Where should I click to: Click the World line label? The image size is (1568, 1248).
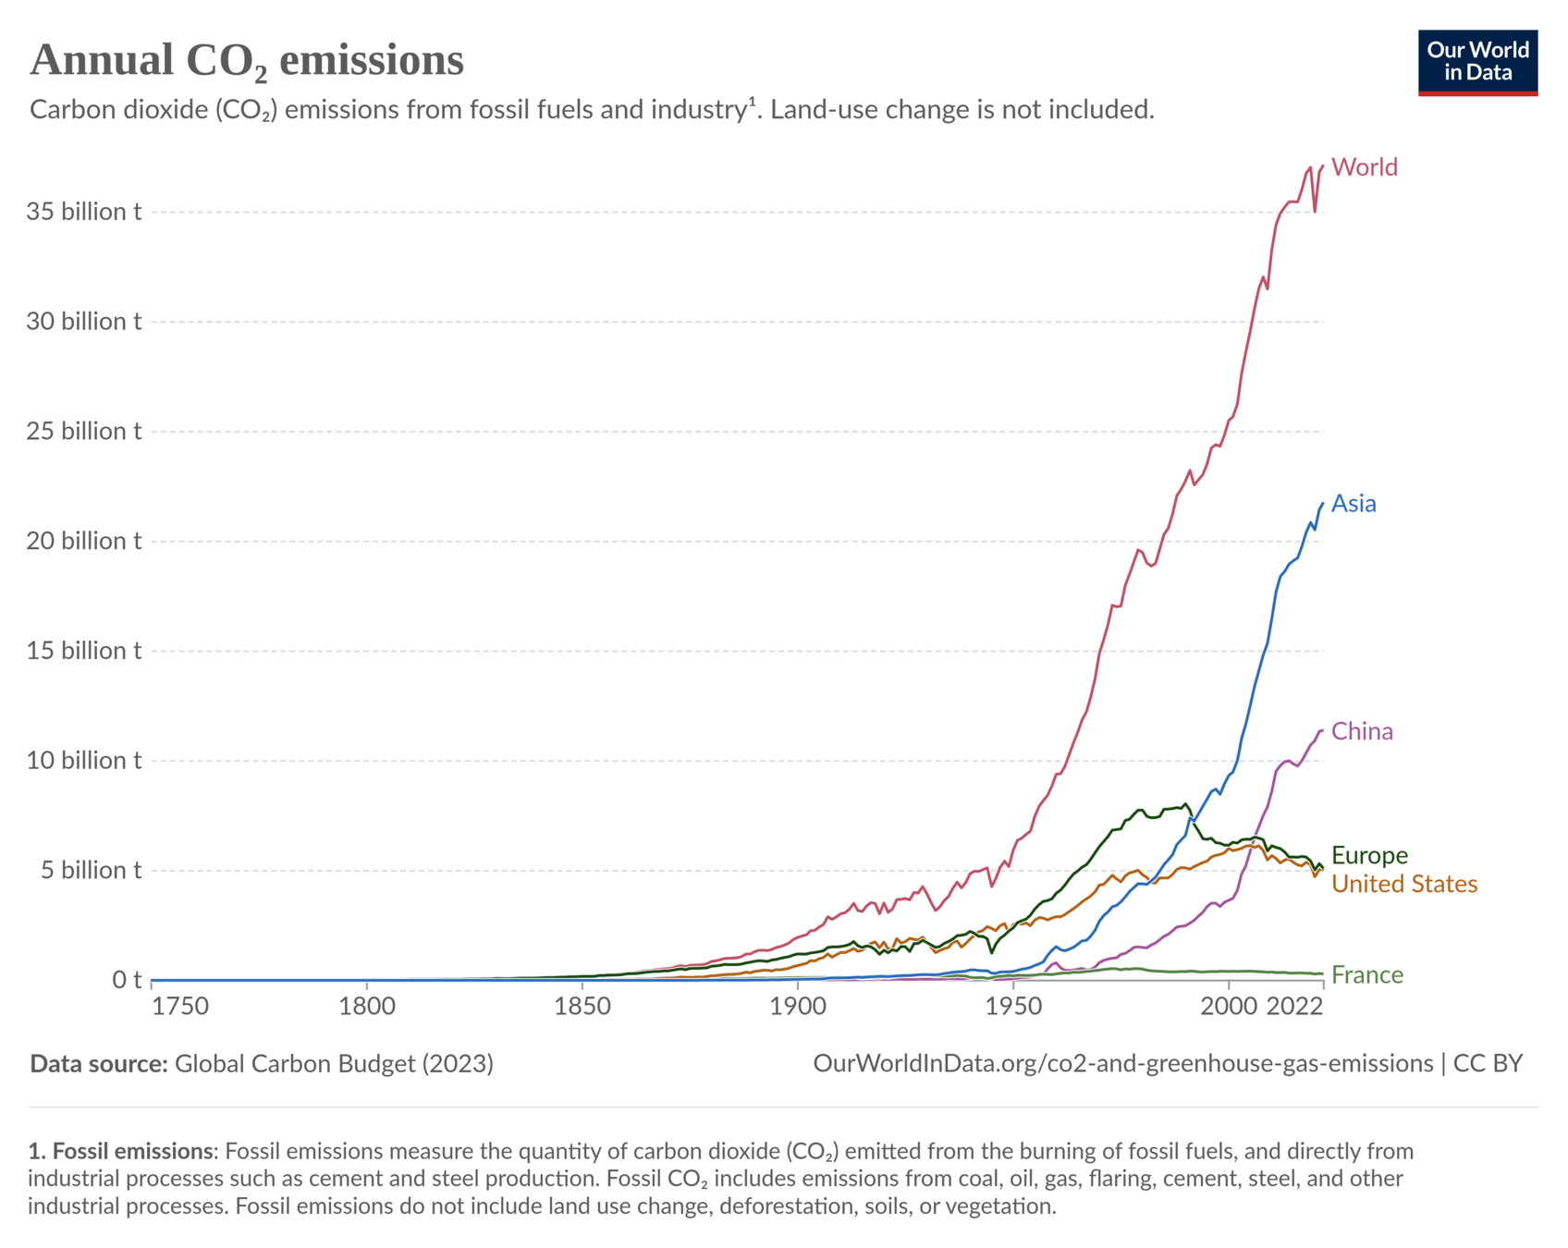tap(1364, 167)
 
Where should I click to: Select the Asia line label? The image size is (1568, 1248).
tap(1354, 504)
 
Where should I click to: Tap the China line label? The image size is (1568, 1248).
tap(1362, 732)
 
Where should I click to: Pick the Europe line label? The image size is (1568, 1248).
tap(1369, 855)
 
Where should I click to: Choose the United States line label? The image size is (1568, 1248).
tap(1403, 885)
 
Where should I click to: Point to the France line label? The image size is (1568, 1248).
tap(1366, 975)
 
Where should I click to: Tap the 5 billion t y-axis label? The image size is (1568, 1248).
tap(90, 871)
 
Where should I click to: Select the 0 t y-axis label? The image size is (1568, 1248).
tap(127, 980)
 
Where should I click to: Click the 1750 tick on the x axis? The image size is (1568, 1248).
tap(181, 1007)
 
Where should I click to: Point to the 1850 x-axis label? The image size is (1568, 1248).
tap(582, 1007)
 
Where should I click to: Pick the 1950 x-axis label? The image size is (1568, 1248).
tap(1013, 1007)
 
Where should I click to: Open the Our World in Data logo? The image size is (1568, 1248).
tap(1477, 62)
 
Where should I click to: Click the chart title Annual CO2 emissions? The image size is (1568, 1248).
tap(247, 61)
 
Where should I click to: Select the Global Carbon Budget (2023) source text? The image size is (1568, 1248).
tap(334, 1064)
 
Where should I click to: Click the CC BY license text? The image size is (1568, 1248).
tap(1488, 1064)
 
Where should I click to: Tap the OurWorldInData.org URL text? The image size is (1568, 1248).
tap(1122, 1064)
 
